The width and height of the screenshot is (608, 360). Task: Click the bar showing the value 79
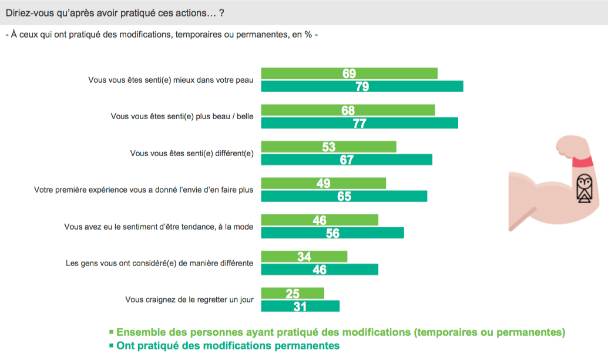[362, 86]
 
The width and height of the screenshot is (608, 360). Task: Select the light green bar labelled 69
[349, 73]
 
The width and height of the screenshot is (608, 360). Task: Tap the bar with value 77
[359, 123]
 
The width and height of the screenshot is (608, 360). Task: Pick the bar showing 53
[328, 147]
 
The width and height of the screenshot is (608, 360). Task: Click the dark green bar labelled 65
[344, 196]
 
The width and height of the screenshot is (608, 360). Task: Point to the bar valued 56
[332, 233]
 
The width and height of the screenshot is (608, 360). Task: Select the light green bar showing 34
[304, 257]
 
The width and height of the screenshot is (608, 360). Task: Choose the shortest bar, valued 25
[292, 293]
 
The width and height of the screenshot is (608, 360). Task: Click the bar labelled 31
[300, 306]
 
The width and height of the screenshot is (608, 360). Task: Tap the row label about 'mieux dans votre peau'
[170, 80]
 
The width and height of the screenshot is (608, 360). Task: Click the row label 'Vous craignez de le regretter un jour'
[189, 300]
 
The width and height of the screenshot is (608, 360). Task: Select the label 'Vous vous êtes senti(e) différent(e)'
[192, 153]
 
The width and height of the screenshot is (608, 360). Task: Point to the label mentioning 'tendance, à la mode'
[159, 227]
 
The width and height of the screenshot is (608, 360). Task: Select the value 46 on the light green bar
[319, 220]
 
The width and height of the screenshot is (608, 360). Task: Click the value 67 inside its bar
[347, 160]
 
